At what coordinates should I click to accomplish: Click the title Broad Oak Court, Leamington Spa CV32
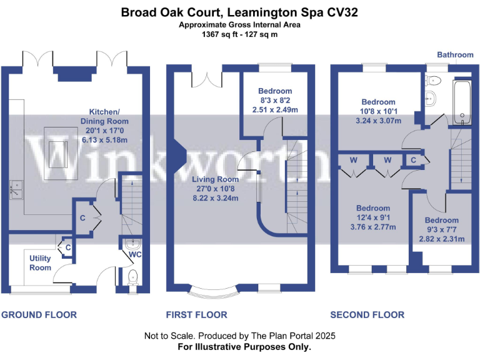[240, 12]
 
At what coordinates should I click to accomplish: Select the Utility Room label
[41, 262]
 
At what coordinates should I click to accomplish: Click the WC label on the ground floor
[136, 256]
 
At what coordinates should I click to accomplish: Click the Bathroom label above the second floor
[455, 55]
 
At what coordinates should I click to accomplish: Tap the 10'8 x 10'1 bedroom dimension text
[378, 112]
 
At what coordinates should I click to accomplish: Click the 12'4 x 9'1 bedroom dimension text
[373, 218]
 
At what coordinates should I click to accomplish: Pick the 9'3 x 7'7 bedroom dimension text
[442, 230]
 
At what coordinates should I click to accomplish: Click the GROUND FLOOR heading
[39, 315]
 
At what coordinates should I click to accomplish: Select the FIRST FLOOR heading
[196, 315]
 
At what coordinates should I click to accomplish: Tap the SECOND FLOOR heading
[367, 315]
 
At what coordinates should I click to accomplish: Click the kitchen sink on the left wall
[15, 188]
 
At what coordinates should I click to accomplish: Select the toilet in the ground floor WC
[132, 278]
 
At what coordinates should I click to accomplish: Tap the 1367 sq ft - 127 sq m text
[240, 34]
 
